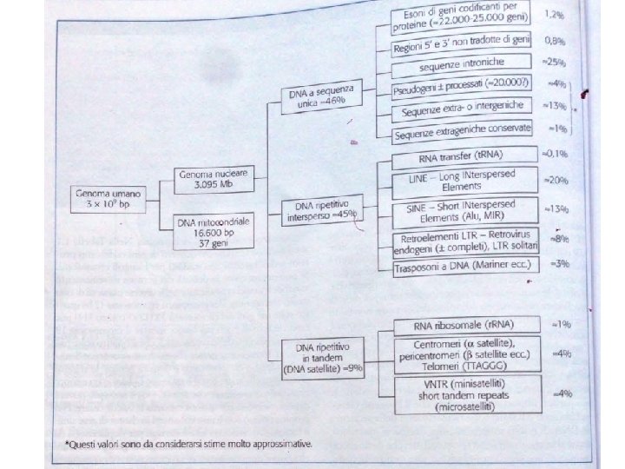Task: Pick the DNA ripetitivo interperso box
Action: click(x=322, y=211)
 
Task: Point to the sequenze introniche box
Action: click(x=461, y=65)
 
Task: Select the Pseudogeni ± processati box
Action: click(x=461, y=89)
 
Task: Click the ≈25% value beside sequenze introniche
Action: click(x=556, y=62)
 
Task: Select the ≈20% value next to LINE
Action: click(x=556, y=181)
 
